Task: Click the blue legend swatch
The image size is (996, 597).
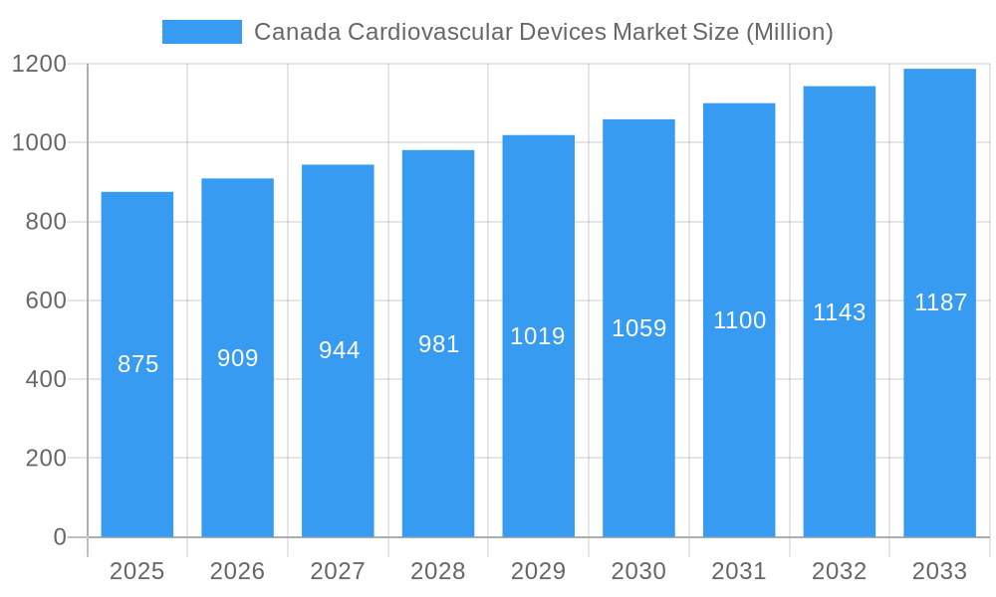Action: click(201, 32)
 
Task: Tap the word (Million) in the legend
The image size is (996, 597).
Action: click(789, 32)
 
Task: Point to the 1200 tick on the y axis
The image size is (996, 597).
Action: click(39, 65)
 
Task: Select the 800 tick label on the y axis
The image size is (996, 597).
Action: click(45, 222)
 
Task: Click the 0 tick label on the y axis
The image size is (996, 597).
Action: click(59, 537)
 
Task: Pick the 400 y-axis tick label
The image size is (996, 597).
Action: click(45, 379)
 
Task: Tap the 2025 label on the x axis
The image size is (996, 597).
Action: click(136, 571)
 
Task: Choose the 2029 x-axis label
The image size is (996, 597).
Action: click(538, 571)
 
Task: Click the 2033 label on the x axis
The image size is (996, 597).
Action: click(939, 571)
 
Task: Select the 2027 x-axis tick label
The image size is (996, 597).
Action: click(338, 571)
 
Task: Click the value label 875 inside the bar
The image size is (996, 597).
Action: click(137, 364)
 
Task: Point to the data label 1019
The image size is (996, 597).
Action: click(538, 336)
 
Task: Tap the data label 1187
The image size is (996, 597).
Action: click(940, 302)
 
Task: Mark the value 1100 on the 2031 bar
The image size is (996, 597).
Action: click(739, 320)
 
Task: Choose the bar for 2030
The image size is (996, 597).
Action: click(638, 428)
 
